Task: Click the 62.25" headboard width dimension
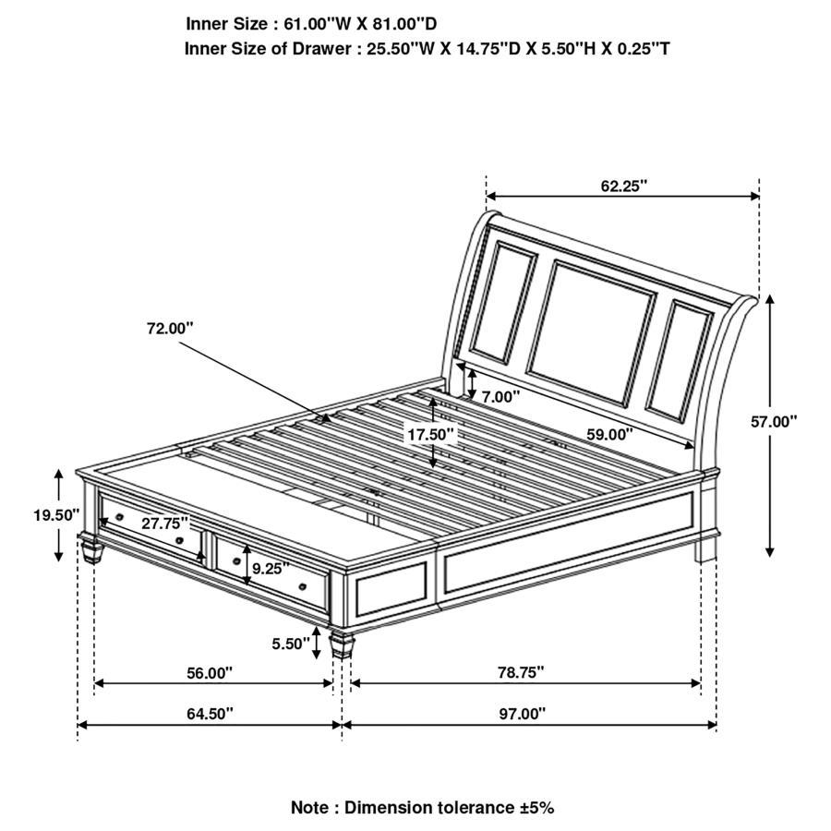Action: (x=623, y=186)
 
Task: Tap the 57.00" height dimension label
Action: (x=773, y=421)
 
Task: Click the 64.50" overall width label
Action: (x=210, y=713)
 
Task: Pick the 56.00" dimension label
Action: (x=210, y=673)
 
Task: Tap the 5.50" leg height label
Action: (x=291, y=644)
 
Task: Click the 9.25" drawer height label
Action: (x=271, y=568)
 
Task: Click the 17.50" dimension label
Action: (x=433, y=434)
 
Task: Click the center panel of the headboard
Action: (x=591, y=330)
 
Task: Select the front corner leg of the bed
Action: (x=343, y=643)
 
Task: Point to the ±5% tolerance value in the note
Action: (x=536, y=807)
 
